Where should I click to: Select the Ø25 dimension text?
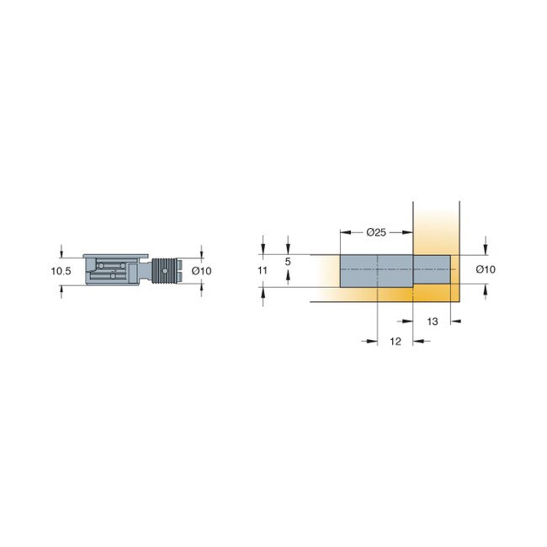[x=376, y=232]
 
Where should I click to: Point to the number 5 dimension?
[x=288, y=263]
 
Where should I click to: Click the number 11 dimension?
[x=262, y=270]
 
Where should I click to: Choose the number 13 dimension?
[x=433, y=321]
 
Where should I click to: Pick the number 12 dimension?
[x=396, y=341]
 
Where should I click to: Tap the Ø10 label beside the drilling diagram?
[x=486, y=270]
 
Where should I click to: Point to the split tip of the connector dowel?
[x=180, y=270]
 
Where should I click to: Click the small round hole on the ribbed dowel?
[x=165, y=270]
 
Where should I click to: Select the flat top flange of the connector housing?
[x=117, y=255]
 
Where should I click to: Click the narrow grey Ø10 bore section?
[x=432, y=270]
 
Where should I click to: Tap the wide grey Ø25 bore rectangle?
[x=376, y=270]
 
